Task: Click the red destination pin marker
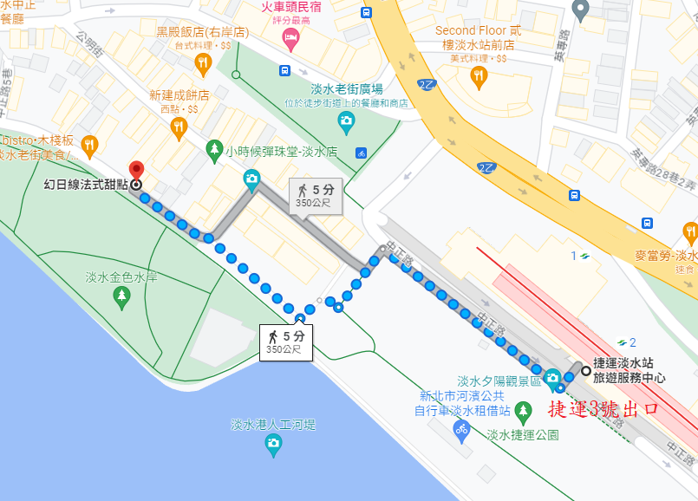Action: [x=135, y=169]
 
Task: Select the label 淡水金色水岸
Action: [x=121, y=277]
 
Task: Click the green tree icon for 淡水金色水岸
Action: [x=121, y=298]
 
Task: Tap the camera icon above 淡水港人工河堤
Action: [x=273, y=445]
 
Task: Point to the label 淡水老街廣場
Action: [x=347, y=89]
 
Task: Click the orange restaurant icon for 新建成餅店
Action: [x=179, y=127]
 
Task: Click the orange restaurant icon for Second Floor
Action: [x=479, y=76]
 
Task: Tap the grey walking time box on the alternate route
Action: [x=314, y=195]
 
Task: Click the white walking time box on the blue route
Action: [x=285, y=342]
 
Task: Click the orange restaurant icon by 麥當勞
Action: [x=690, y=232]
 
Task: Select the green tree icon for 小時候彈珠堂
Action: [x=213, y=151]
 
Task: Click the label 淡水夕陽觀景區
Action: [x=499, y=381]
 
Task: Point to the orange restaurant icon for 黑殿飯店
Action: [x=202, y=62]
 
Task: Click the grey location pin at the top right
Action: [x=581, y=10]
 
